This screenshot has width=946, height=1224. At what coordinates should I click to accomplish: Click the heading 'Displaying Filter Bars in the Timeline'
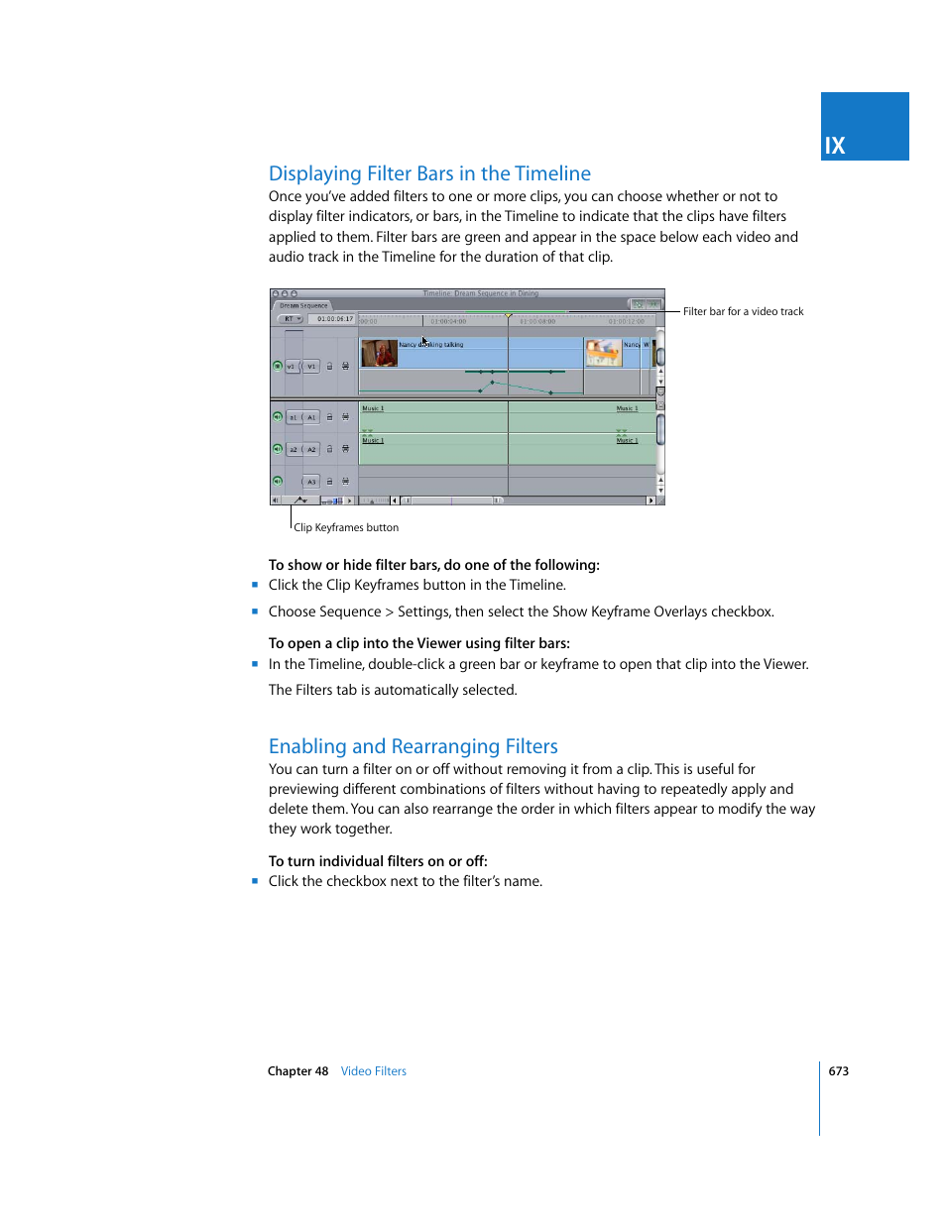coord(429,173)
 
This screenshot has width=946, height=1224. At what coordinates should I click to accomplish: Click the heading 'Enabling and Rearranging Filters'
coord(413,746)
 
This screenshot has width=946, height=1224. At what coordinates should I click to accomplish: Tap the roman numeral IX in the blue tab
coord(835,146)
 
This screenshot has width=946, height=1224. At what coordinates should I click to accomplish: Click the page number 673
coord(838,1071)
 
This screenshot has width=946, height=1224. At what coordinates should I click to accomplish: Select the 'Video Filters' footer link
coord(373,1071)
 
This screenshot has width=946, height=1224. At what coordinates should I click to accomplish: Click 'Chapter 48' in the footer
coord(297,1071)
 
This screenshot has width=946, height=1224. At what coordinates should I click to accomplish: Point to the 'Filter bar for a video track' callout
coord(743,311)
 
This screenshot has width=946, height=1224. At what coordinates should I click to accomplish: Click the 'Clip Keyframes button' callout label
coord(346,527)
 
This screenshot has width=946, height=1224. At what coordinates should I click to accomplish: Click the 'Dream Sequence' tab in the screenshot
coord(302,305)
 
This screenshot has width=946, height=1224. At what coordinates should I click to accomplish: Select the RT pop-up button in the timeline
coord(292,319)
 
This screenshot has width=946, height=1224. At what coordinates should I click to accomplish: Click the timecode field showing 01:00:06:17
coord(334,319)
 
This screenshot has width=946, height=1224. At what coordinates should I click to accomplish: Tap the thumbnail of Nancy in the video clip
coord(379,353)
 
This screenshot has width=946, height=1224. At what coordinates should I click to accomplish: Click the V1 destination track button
coord(311,366)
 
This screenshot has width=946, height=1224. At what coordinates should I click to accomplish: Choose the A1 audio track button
coord(311,417)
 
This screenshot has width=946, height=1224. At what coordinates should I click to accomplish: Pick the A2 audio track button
coord(311,449)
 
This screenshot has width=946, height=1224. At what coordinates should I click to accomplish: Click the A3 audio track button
coord(311,482)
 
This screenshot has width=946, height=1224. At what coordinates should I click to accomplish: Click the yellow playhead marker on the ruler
coord(508,315)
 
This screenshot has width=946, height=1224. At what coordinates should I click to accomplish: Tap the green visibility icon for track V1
coord(278,366)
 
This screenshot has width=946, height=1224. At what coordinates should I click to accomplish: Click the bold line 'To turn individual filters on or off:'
coord(378,861)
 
